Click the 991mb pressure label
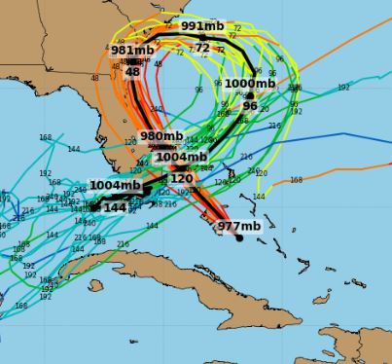coord(201,26)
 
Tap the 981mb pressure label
coord(132,51)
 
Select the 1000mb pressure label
coord(250,84)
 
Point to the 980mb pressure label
coord(161,136)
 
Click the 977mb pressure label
coord(238,227)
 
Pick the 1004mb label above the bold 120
coord(181,157)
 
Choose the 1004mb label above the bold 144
coord(115,186)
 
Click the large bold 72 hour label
coord(202,48)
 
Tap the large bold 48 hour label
coord(132,71)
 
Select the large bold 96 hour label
coord(250,106)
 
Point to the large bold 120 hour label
coord(181,179)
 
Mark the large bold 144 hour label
coord(115,207)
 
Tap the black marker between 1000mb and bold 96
coord(250,95)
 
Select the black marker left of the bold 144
coord(95,206)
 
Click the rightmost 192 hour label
coord(343,87)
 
